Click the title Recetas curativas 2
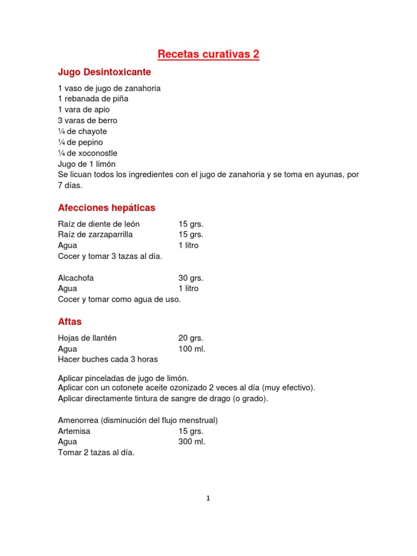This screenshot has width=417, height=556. click(208, 54)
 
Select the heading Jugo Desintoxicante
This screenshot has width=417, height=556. click(104, 72)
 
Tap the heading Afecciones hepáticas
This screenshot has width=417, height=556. click(106, 208)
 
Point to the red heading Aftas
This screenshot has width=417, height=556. click(69, 322)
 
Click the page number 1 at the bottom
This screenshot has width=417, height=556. click(208, 498)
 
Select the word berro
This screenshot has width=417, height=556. click(106, 121)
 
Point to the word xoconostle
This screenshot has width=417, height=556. click(97, 153)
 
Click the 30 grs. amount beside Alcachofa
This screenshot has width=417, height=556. click(191, 278)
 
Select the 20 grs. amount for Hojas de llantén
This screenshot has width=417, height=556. click(191, 338)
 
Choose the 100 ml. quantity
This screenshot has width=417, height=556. click(192, 349)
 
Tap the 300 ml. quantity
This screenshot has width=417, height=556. click(192, 441)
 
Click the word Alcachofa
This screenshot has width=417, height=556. click(75, 278)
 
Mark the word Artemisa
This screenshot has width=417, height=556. click(74, 431)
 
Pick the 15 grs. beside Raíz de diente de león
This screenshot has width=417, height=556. click(191, 224)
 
